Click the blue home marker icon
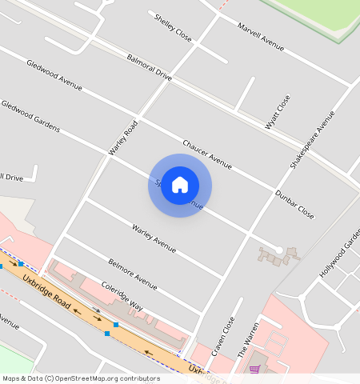tap(180, 185)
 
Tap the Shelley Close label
tap(174, 27)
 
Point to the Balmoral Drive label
tap(150, 67)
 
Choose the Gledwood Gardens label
tap(30, 117)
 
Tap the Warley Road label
tap(124, 137)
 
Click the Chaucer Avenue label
tap(207, 153)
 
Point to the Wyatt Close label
tap(278, 112)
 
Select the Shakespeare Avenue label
tap(312, 138)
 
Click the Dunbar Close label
tap(294, 205)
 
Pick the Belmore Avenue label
tap(132, 273)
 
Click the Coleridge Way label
tap(122, 296)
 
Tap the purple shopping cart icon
tap(254, 370)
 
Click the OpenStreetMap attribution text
tap(80, 378)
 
